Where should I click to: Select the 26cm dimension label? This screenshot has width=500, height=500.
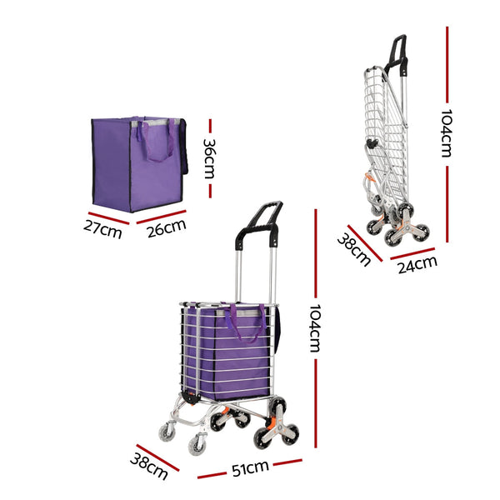click(163, 227)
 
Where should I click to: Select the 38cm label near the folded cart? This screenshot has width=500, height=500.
click(353, 249)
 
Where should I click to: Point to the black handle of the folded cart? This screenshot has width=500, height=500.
click(398, 54)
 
